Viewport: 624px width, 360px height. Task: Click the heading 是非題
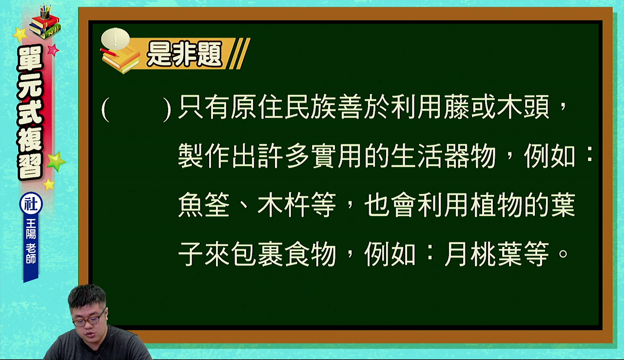[184, 54]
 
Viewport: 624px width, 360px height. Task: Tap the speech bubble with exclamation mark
[116, 39]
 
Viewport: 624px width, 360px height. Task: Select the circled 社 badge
[31, 203]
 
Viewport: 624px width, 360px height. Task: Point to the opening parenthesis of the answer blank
[105, 109]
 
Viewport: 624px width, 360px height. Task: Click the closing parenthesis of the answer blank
[167, 109]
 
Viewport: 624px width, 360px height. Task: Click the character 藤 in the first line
[457, 107]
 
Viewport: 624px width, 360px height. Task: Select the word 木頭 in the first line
[523, 107]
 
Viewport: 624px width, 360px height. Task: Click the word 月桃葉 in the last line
[484, 254]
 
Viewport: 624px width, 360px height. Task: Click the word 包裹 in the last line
[257, 254]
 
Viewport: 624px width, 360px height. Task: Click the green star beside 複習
[56, 161]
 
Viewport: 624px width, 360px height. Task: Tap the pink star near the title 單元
[53, 50]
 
